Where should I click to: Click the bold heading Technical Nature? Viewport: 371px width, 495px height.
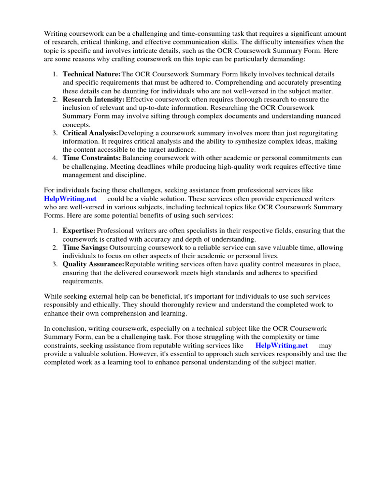point(92,74)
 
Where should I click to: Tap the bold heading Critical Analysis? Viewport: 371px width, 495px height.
point(90,133)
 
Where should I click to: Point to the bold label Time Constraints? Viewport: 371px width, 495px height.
point(92,158)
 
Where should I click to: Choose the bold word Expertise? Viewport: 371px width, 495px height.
point(79,231)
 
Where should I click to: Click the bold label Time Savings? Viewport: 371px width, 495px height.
point(86,247)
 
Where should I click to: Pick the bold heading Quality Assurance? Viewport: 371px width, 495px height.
point(93,264)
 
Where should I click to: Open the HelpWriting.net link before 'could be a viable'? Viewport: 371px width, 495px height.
point(70,199)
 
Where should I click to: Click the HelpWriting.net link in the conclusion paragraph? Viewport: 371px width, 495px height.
point(281,346)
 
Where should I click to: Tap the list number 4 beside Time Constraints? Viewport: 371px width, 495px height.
point(56,158)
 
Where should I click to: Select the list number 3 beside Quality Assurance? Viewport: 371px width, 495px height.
point(56,264)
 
